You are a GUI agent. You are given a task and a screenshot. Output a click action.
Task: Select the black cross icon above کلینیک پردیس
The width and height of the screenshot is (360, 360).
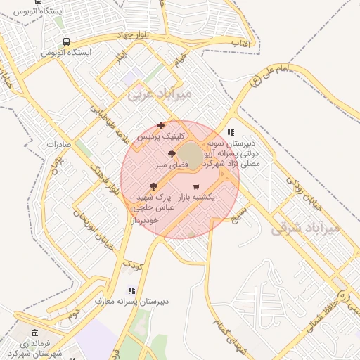point(161,125)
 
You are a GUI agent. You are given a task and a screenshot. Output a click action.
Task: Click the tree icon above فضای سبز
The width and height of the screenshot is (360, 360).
point(171,154)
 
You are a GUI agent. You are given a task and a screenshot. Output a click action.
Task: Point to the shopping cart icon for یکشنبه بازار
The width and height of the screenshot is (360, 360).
point(195,186)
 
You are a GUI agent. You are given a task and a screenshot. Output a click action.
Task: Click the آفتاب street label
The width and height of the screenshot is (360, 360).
point(243,44)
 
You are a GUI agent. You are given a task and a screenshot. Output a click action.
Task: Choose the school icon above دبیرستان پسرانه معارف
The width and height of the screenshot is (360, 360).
point(131,290)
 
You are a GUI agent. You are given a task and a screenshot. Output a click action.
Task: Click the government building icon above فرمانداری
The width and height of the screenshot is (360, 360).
point(35,333)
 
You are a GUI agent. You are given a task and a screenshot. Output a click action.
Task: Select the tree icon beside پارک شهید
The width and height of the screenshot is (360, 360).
point(154,186)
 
